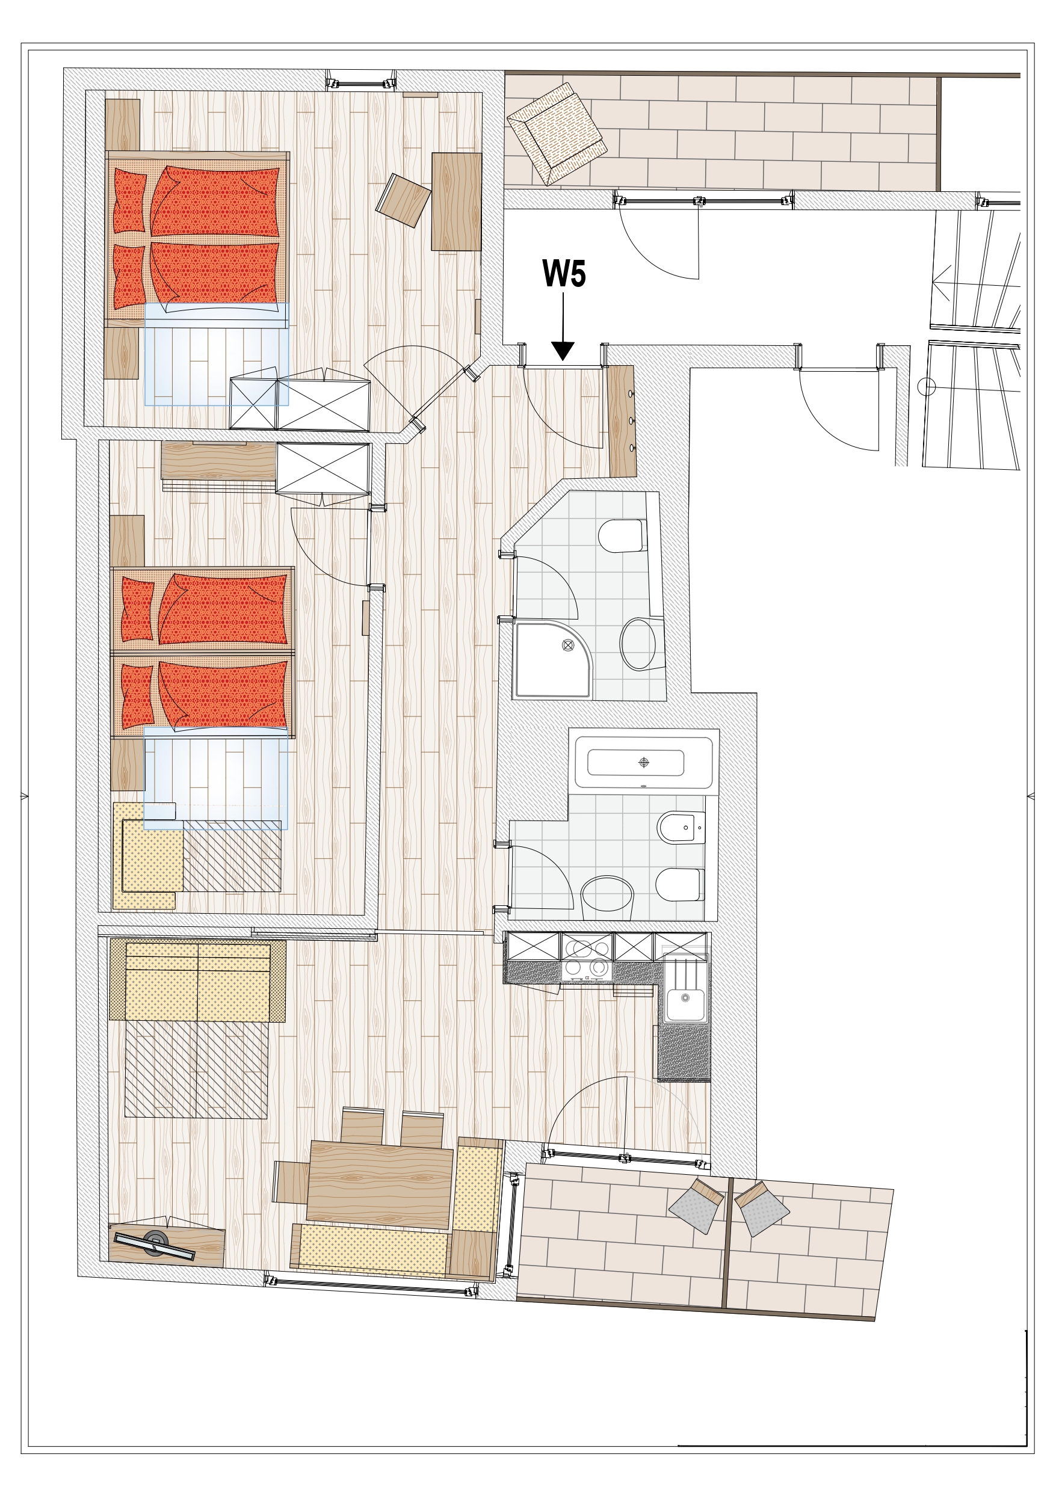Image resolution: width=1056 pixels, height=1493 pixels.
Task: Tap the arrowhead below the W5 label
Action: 563,351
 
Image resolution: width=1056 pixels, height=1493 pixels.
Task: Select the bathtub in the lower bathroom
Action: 643,762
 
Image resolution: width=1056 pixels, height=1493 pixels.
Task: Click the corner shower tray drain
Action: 567,645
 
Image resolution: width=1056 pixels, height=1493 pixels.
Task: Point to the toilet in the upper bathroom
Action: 623,535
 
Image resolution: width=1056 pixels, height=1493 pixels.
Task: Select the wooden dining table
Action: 379,1175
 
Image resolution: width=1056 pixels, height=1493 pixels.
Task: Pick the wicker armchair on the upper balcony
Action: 557,134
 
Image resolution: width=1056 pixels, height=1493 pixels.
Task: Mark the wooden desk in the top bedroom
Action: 456,201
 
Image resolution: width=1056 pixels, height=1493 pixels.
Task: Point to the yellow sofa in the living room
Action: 198,980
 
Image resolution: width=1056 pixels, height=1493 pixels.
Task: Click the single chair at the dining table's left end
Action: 290,1182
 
